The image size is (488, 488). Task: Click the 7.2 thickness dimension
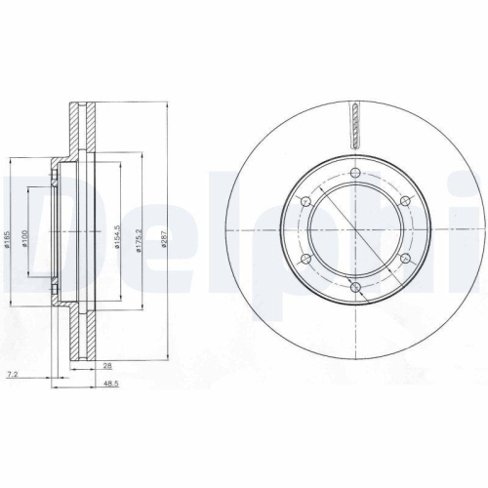[x=11, y=374]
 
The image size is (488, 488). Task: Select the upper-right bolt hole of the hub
[x=404, y=200]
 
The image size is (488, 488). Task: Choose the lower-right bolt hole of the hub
[x=404, y=260]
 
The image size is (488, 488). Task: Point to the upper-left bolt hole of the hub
[x=306, y=202]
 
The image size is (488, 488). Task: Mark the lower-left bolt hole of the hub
[x=306, y=260]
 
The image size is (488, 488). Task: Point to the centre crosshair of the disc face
[x=356, y=231]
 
